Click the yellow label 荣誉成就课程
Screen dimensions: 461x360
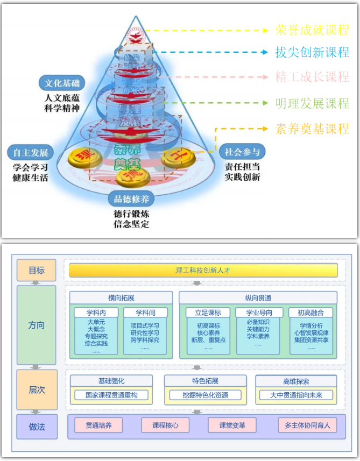[312, 29]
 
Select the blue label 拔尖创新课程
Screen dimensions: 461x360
[312, 52]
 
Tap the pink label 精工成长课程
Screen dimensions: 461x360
[312, 77]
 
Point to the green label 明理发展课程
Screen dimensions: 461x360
[312, 102]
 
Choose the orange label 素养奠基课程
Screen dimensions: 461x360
[312, 129]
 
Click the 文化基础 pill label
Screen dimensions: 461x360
[62, 83]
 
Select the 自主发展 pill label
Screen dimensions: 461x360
[31, 152]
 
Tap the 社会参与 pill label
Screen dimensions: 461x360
[242, 152]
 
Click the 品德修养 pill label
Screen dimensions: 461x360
[131, 198]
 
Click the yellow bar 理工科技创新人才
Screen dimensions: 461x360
[203, 270]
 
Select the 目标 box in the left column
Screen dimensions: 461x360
[36, 270]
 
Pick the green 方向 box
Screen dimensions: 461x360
[36, 325]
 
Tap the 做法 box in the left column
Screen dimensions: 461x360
[36, 426]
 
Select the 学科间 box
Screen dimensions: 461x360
[145, 313]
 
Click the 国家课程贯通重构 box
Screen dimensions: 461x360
[111, 395]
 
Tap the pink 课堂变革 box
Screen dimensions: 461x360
[232, 425]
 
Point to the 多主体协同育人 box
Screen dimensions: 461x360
[307, 425]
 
